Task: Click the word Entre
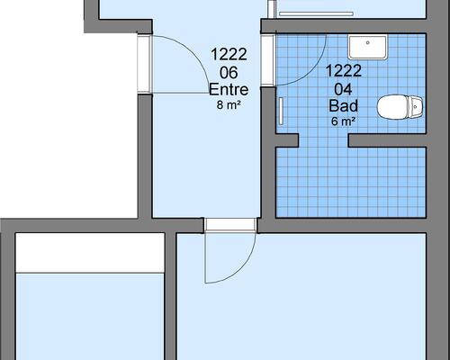click(x=229, y=89)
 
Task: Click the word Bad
click(x=344, y=105)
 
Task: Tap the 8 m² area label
click(x=229, y=104)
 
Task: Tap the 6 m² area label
click(x=344, y=121)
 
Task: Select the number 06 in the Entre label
click(x=229, y=73)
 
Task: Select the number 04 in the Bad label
click(x=344, y=89)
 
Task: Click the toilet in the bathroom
click(x=400, y=107)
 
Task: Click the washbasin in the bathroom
click(x=368, y=47)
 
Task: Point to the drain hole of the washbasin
click(x=368, y=43)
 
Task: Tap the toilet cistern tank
click(x=416, y=106)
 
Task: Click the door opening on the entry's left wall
click(x=145, y=64)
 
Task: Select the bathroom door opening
click(x=268, y=60)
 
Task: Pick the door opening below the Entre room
click(x=230, y=225)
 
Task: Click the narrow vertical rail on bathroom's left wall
click(x=282, y=111)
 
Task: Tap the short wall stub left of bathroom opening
click(x=287, y=140)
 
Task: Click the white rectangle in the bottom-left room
click(x=90, y=253)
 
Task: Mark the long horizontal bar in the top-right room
click(x=316, y=13)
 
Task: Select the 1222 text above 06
click(x=229, y=54)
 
